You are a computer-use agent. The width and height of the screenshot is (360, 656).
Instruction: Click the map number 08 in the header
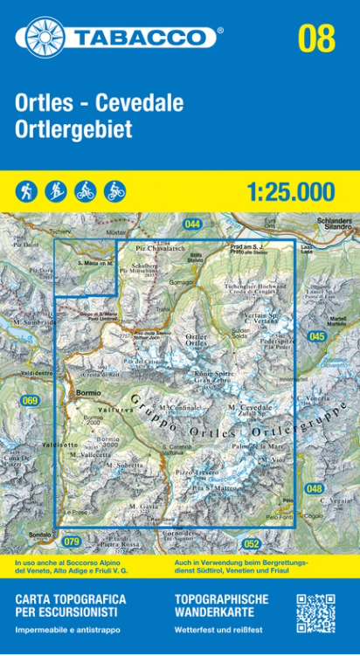315,38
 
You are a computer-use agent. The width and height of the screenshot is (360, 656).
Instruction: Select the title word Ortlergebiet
73,129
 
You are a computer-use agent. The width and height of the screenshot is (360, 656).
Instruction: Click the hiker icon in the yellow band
26,190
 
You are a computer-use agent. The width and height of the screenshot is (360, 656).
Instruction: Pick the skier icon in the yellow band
56,190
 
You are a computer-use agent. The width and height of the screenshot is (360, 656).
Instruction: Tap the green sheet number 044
193,224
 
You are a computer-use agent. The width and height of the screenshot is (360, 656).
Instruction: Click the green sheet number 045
316,336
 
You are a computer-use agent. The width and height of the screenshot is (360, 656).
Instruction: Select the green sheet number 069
31,401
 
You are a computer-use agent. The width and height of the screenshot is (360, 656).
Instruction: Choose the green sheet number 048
315,488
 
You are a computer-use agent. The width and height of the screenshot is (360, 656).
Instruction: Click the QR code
315,614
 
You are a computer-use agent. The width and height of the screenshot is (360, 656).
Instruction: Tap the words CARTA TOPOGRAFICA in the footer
70,599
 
